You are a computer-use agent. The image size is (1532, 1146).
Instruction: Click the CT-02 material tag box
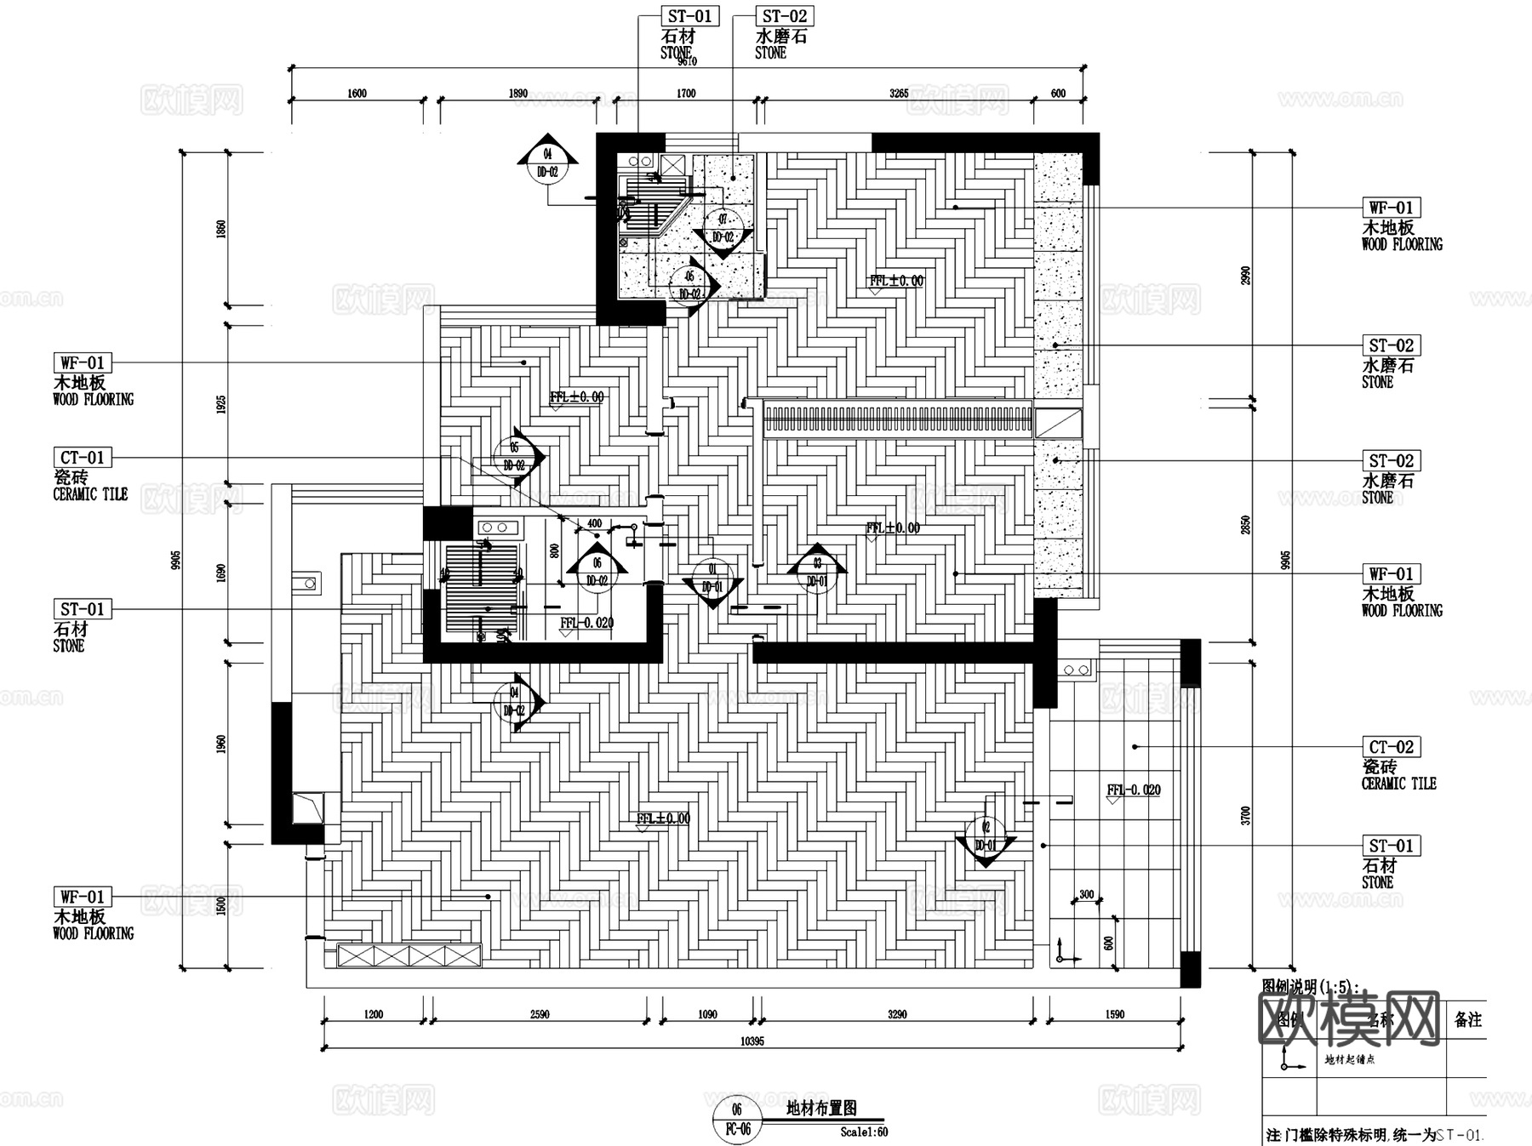(x=1391, y=747)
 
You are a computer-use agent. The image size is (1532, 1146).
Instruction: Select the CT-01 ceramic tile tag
(x=83, y=458)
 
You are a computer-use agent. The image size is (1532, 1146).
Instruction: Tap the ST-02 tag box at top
(x=784, y=16)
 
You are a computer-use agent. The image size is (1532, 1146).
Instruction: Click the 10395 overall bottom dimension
(x=752, y=1041)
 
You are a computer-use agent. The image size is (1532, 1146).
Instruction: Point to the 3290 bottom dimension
(x=897, y=1014)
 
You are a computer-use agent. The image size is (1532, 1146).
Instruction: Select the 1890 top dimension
(x=517, y=94)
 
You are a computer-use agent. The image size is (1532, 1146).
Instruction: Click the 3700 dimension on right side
(x=1246, y=816)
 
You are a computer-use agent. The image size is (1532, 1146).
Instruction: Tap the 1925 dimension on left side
(x=221, y=404)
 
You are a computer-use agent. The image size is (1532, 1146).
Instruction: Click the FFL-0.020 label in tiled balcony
(x=1133, y=790)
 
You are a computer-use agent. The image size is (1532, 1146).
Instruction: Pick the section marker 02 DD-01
(x=986, y=836)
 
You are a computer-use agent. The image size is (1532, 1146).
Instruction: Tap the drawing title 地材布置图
(x=820, y=1108)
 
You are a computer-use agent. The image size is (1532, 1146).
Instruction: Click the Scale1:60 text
(x=864, y=1132)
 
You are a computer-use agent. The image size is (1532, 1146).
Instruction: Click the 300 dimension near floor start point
(x=1086, y=894)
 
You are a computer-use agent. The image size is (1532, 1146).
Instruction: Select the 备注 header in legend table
(x=1467, y=1019)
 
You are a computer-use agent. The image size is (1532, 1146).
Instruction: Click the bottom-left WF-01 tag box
(x=83, y=897)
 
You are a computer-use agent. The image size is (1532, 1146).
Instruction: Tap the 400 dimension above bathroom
(x=594, y=523)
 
